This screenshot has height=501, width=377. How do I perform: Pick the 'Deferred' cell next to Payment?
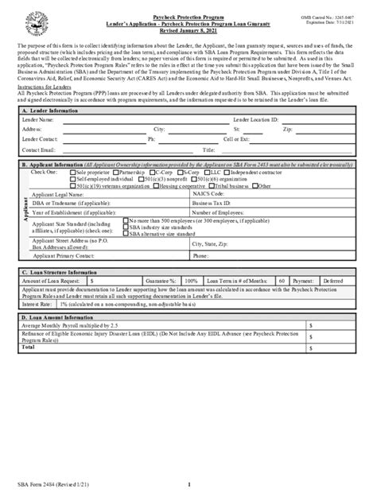point(332,281)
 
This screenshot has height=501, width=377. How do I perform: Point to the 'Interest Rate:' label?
point(37,304)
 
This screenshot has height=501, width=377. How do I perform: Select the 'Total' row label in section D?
point(29,347)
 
